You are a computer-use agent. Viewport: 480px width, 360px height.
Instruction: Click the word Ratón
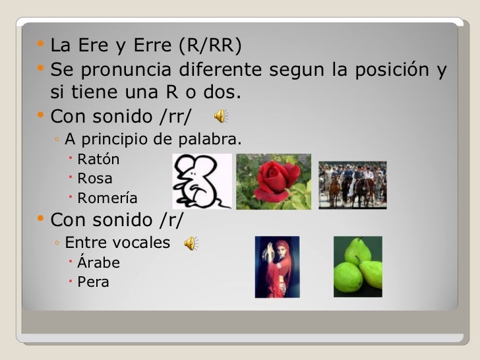(99, 159)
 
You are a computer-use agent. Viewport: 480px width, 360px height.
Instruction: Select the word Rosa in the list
(95, 179)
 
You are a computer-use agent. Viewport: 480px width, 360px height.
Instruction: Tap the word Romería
(107, 198)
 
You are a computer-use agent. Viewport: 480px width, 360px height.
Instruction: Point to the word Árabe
(99, 263)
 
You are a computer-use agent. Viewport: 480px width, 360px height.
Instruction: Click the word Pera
(93, 283)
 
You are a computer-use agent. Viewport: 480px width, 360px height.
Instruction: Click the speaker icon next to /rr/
(221, 117)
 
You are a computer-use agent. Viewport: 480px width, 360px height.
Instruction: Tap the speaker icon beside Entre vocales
(190, 243)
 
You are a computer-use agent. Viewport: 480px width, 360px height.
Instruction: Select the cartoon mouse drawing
(202, 181)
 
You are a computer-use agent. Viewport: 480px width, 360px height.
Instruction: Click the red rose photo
(273, 181)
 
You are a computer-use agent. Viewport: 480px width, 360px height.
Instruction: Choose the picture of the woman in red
(277, 266)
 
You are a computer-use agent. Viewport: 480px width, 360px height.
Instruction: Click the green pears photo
(357, 266)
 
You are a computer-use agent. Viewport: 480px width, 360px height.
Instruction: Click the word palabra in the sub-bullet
(215, 140)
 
